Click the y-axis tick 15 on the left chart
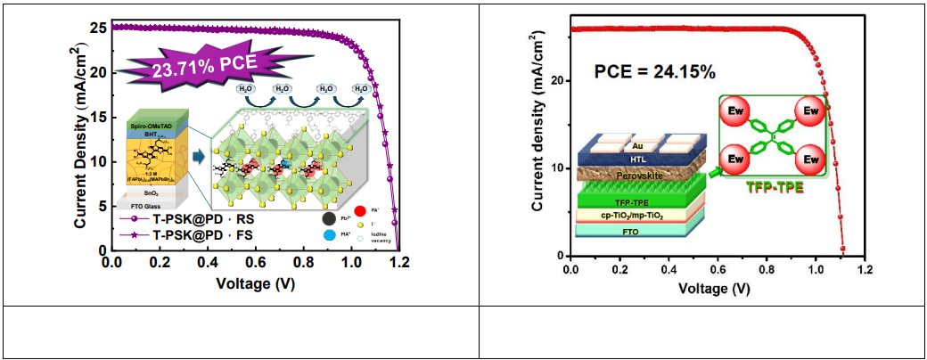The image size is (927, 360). pyautogui.click(x=99, y=117)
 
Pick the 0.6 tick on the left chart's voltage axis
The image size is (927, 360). pyautogui.click(x=256, y=264)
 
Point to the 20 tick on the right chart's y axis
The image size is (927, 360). pyautogui.click(x=558, y=80)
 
